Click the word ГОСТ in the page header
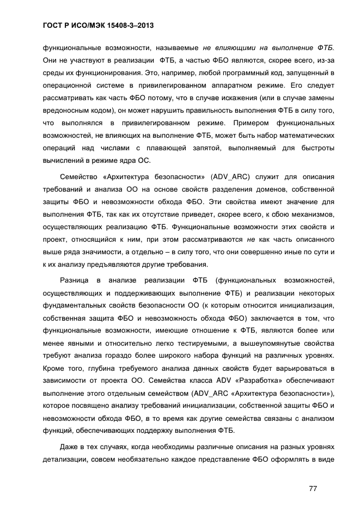point(53,26)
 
